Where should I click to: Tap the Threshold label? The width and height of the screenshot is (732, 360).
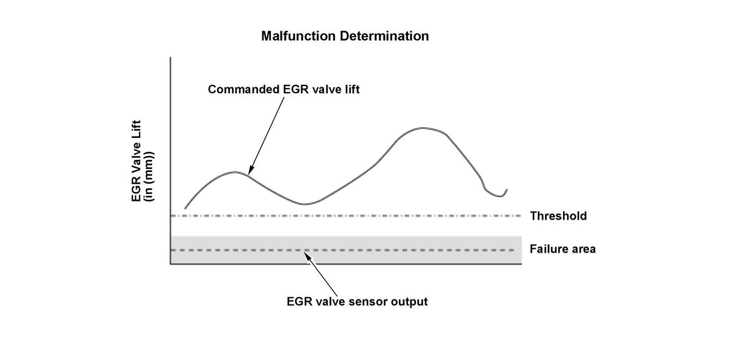pos(558,216)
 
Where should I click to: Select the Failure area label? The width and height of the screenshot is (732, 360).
pos(562,249)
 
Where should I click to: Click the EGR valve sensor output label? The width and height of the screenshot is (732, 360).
pos(357,301)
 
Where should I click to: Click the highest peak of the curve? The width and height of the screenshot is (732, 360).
pos(423,128)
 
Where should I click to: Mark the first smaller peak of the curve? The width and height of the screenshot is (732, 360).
pos(235,171)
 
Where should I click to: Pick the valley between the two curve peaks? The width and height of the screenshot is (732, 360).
pos(306,204)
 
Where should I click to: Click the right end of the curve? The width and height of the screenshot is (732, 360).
pos(506,190)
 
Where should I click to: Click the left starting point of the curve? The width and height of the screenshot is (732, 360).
pos(185,209)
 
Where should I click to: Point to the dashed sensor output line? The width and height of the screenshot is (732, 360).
pos(415,250)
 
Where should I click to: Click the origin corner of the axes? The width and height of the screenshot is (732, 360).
pos(170,264)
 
